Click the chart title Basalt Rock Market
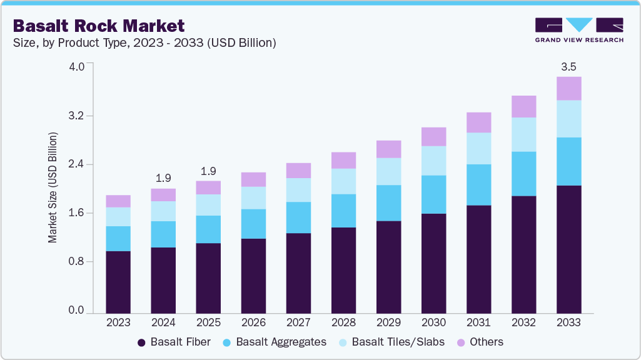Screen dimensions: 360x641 99,26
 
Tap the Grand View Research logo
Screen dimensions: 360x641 579,29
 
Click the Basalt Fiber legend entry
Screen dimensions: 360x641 174,342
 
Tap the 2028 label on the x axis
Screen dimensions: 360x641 343,322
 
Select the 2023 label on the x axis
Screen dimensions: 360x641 118,322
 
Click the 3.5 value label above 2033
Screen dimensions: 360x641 568,66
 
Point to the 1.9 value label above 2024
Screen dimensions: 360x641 163,178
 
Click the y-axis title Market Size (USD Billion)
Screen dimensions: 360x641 53,187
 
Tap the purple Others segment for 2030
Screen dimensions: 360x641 433,136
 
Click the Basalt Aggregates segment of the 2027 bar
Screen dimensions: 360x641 298,217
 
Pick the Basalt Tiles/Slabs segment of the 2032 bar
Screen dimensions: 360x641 523,134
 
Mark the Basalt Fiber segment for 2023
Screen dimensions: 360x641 118,282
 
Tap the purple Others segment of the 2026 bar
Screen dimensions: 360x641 253,179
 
